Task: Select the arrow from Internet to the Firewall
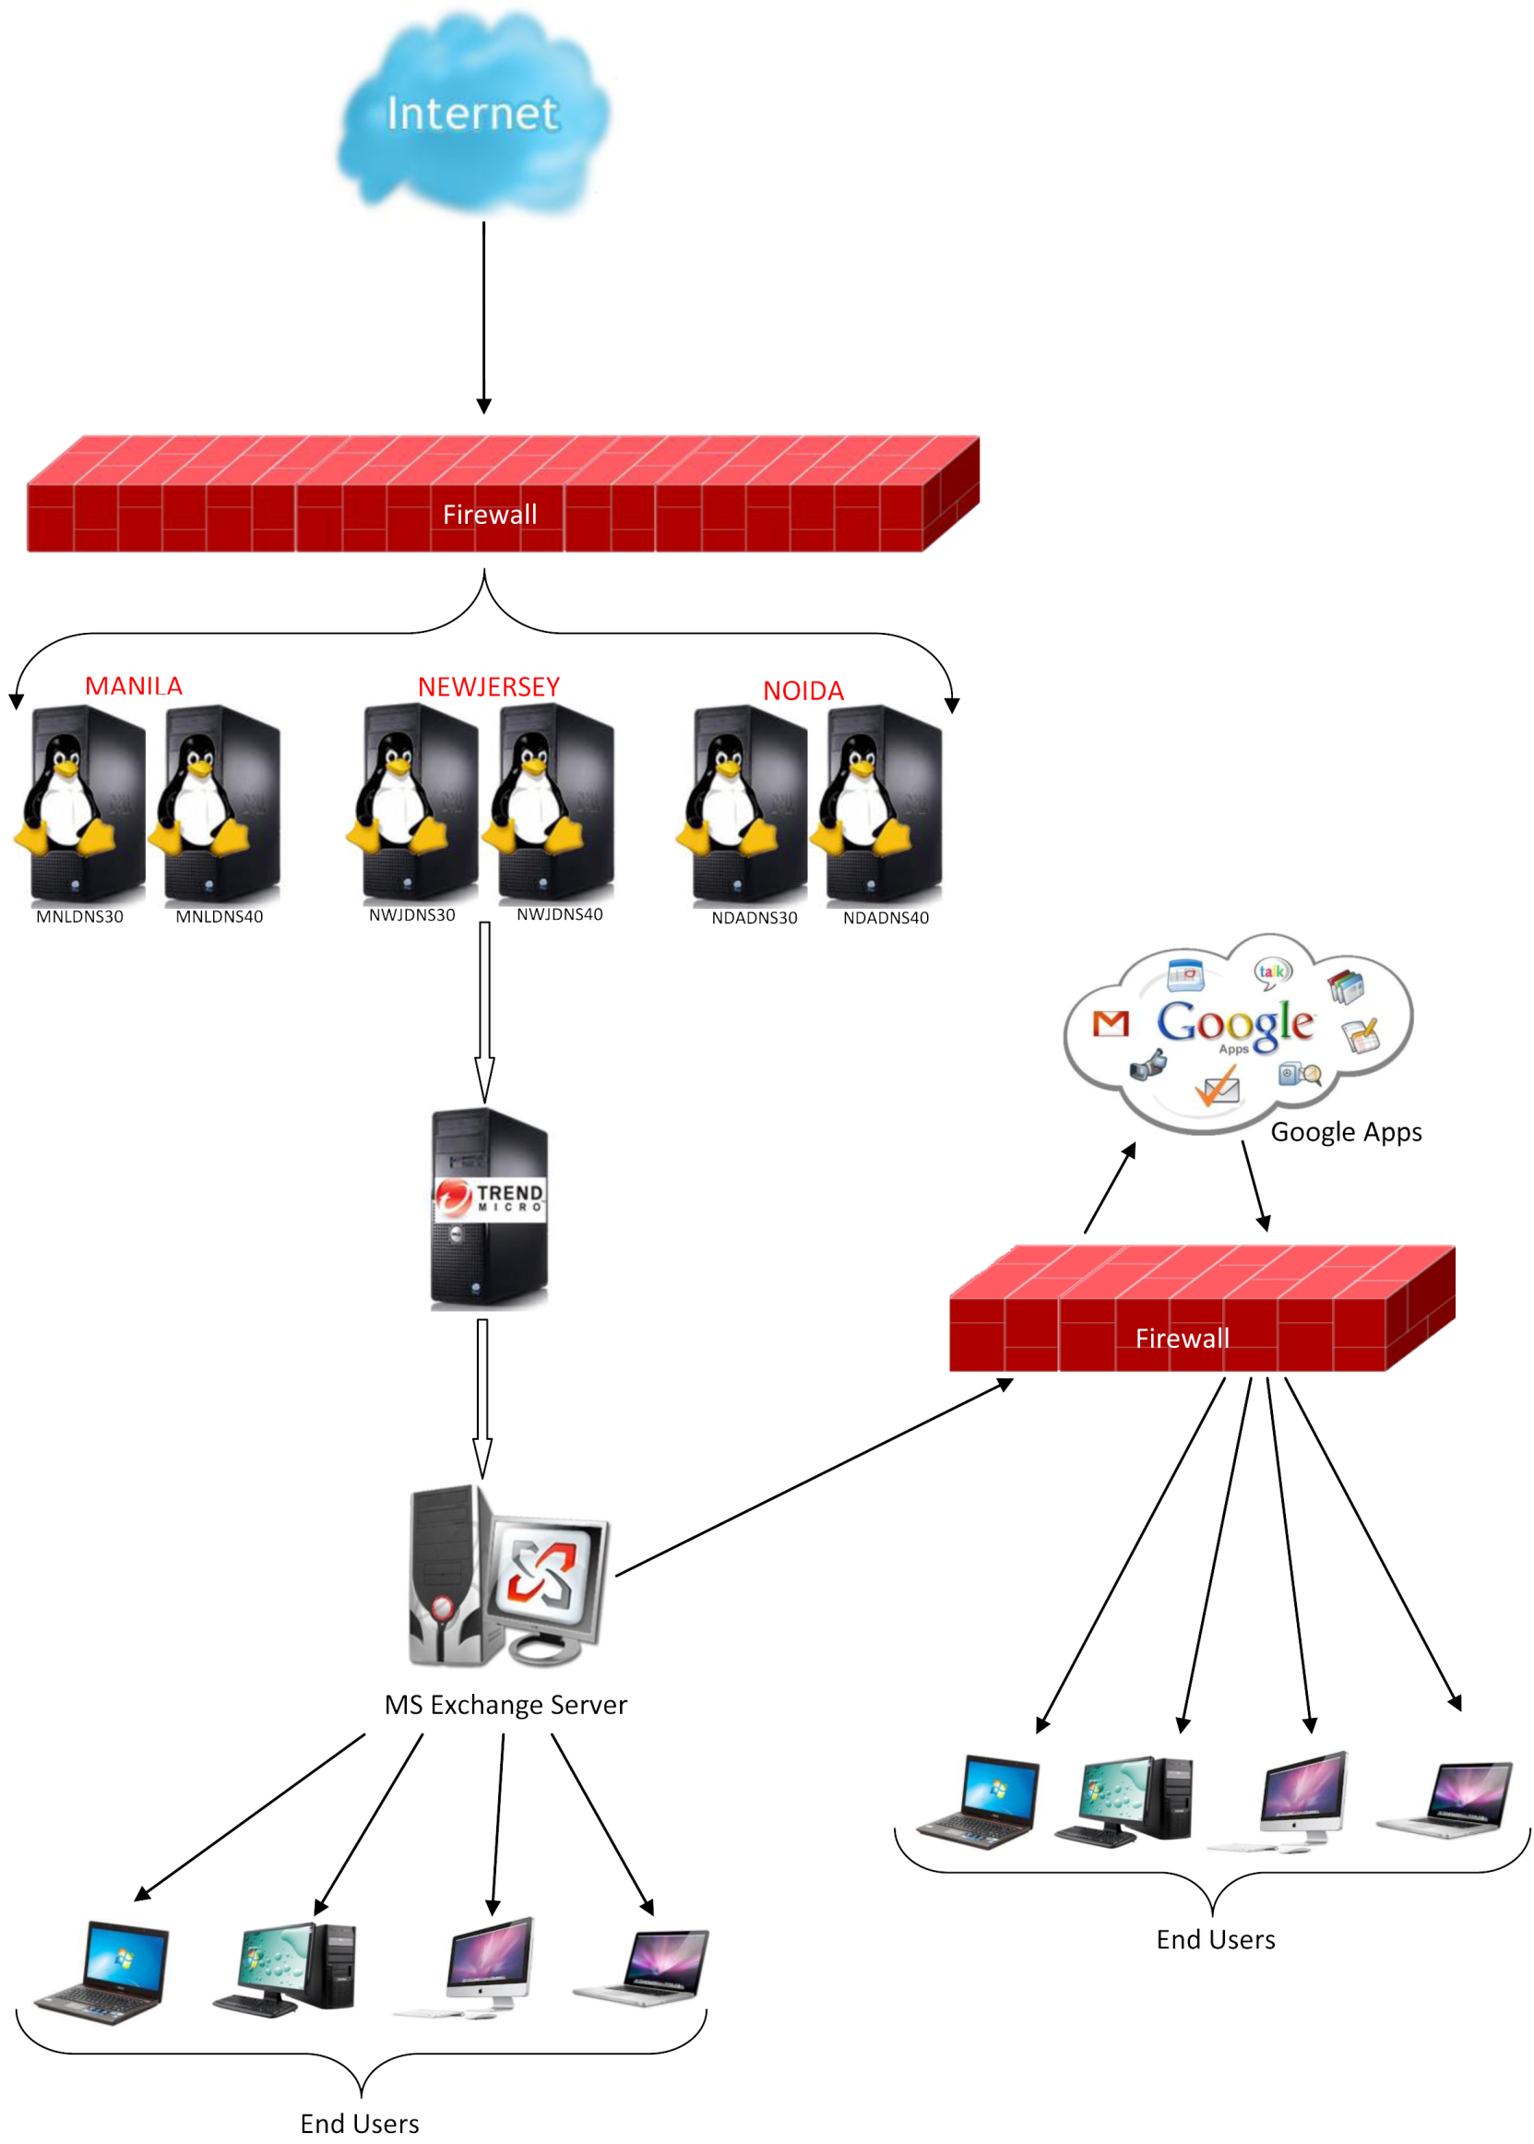[483, 318]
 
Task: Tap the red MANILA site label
[133, 685]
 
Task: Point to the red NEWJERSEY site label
[488, 686]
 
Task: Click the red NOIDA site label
[803, 690]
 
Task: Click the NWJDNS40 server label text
[559, 914]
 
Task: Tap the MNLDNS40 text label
[220, 916]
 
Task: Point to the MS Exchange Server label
[505, 1705]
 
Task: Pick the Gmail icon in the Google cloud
[1110, 1023]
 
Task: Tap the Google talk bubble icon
[1271, 971]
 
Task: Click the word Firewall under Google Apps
[1182, 1339]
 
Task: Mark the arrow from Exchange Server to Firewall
[815, 1477]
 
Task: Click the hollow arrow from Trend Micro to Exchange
[482, 1399]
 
